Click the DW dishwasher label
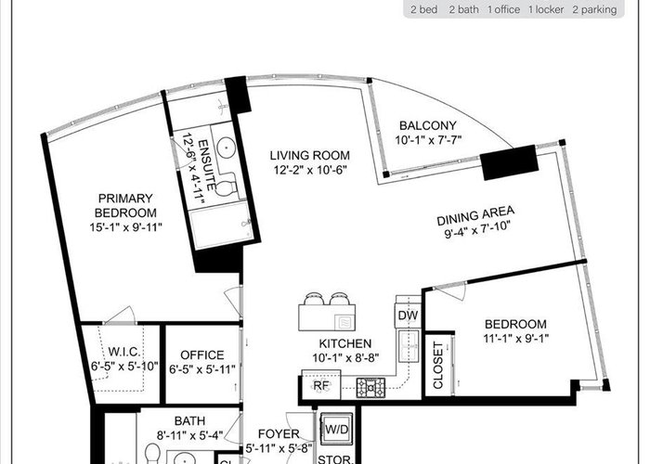tap(408, 316)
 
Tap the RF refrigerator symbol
tap(321, 385)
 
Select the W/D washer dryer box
tap(336, 429)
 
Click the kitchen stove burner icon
tap(371, 388)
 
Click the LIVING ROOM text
tap(310, 155)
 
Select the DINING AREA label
tap(475, 216)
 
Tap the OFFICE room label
tap(202, 355)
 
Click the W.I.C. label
tap(123, 352)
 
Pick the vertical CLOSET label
tap(438, 366)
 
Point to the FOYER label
tap(279, 434)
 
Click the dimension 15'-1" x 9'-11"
tap(125, 227)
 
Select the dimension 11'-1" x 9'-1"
tap(515, 339)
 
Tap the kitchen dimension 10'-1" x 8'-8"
tap(345, 358)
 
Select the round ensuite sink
tap(227, 147)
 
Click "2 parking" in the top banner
tap(594, 9)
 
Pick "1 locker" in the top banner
tap(546, 9)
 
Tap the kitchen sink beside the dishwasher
tap(409, 346)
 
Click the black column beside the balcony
tap(510, 162)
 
